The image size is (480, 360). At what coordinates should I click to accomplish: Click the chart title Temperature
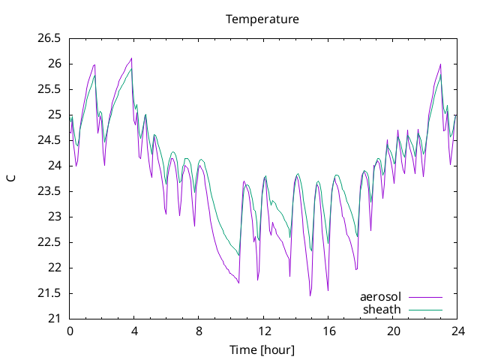[x=262, y=19]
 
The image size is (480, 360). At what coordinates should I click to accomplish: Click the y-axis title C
[x=11, y=178]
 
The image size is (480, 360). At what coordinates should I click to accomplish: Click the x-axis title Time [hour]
[x=262, y=349]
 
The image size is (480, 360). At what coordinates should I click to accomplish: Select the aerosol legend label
[x=380, y=297]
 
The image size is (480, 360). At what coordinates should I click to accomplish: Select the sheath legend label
[x=382, y=310]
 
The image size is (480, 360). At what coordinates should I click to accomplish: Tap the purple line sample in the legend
[x=425, y=297]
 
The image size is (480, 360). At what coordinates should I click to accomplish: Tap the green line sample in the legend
[x=425, y=310]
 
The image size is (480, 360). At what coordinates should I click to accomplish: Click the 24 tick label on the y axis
[x=54, y=166]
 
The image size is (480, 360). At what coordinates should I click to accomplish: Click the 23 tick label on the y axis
[x=54, y=217]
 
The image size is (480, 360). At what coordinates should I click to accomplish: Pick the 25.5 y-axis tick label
[x=49, y=90]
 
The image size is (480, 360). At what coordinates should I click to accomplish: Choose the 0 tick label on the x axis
[x=70, y=331]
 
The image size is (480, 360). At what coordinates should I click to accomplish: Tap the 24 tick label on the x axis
[x=457, y=331]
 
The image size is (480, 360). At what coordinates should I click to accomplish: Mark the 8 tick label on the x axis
[x=199, y=331]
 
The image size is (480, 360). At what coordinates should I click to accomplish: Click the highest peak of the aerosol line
[x=132, y=58]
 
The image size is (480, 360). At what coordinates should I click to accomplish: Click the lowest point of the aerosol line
[x=310, y=295]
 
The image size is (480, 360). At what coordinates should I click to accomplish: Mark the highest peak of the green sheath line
[x=131, y=68]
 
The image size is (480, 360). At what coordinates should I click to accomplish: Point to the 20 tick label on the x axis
[x=393, y=331]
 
